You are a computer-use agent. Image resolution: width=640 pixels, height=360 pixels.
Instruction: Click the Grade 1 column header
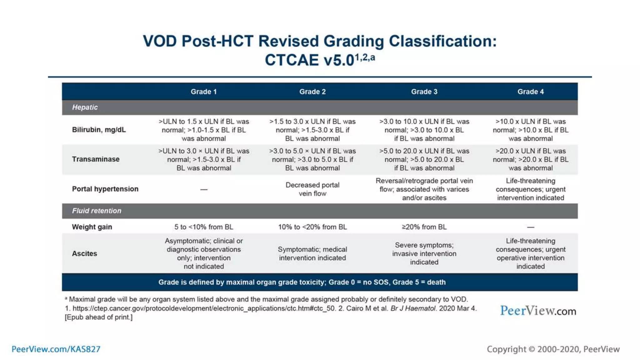[203, 92]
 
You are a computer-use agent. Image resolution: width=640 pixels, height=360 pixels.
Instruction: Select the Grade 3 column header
[424, 92]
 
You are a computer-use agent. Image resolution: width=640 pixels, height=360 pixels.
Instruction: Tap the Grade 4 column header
[530, 92]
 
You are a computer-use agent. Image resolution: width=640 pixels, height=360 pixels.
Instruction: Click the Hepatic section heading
[85, 107]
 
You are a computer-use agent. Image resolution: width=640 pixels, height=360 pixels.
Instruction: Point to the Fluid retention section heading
[97, 211]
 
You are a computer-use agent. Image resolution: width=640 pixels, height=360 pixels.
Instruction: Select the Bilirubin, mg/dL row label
[99, 130]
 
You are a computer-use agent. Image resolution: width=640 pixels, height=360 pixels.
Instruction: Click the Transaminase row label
[96, 159]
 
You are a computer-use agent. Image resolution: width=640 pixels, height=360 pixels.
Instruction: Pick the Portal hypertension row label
[105, 189]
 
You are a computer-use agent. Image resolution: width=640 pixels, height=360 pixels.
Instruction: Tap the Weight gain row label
[92, 227]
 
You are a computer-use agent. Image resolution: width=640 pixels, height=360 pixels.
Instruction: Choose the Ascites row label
[84, 253]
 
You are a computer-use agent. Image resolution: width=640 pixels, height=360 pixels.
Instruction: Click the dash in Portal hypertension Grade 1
[204, 189]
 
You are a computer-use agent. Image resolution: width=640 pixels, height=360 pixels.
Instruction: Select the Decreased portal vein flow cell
[312, 189]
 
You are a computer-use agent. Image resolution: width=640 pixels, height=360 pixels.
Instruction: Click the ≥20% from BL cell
[424, 227]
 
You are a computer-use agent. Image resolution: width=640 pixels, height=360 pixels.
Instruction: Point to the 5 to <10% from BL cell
[203, 227]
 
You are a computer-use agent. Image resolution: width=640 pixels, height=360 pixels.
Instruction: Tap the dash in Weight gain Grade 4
[530, 227]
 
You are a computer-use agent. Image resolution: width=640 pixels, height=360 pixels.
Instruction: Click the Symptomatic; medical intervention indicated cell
[312, 253]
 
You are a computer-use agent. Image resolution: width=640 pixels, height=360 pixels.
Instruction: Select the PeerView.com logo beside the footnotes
[538, 311]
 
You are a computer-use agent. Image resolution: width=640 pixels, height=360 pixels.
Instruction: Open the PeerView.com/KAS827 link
[56, 349]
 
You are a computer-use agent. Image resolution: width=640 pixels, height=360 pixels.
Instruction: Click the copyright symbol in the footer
[532, 349]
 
